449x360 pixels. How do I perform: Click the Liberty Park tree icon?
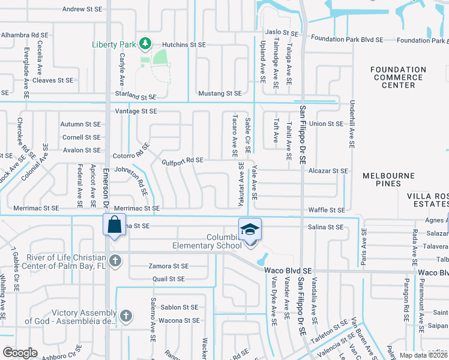pyautogui.click(x=144, y=44)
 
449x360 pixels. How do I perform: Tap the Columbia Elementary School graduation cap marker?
pyautogui.click(x=250, y=229)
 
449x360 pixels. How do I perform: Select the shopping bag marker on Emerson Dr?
pyautogui.click(x=113, y=227)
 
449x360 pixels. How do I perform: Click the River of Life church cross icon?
pyautogui.click(x=116, y=260)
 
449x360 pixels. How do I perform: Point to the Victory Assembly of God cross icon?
pyautogui.click(x=125, y=315)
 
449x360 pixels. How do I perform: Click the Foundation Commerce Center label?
pyautogui.click(x=398, y=77)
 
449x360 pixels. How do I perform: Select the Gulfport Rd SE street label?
pyautogui.click(x=182, y=160)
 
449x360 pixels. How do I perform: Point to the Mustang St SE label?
pyautogui.click(x=220, y=94)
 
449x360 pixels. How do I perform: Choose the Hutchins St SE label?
pyautogui.click(x=184, y=44)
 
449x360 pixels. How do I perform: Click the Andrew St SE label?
pyautogui.click(x=85, y=9)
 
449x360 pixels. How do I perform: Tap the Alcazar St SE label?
pyautogui.click(x=328, y=171)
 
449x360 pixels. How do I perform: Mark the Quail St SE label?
pyautogui.click(x=168, y=279)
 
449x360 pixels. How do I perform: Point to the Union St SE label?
pyautogui.click(x=325, y=124)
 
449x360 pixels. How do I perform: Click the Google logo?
pyautogui.click(x=20, y=353)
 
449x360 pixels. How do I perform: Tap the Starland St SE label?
pyautogui.click(x=136, y=96)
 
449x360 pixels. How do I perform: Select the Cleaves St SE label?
pyautogui.click(x=53, y=80)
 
